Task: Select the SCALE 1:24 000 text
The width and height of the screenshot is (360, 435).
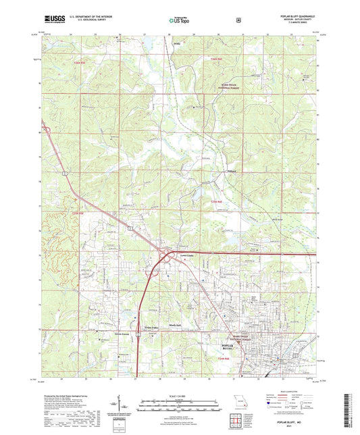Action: pos(179,396)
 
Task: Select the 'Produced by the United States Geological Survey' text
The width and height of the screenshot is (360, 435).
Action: pos(68,396)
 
